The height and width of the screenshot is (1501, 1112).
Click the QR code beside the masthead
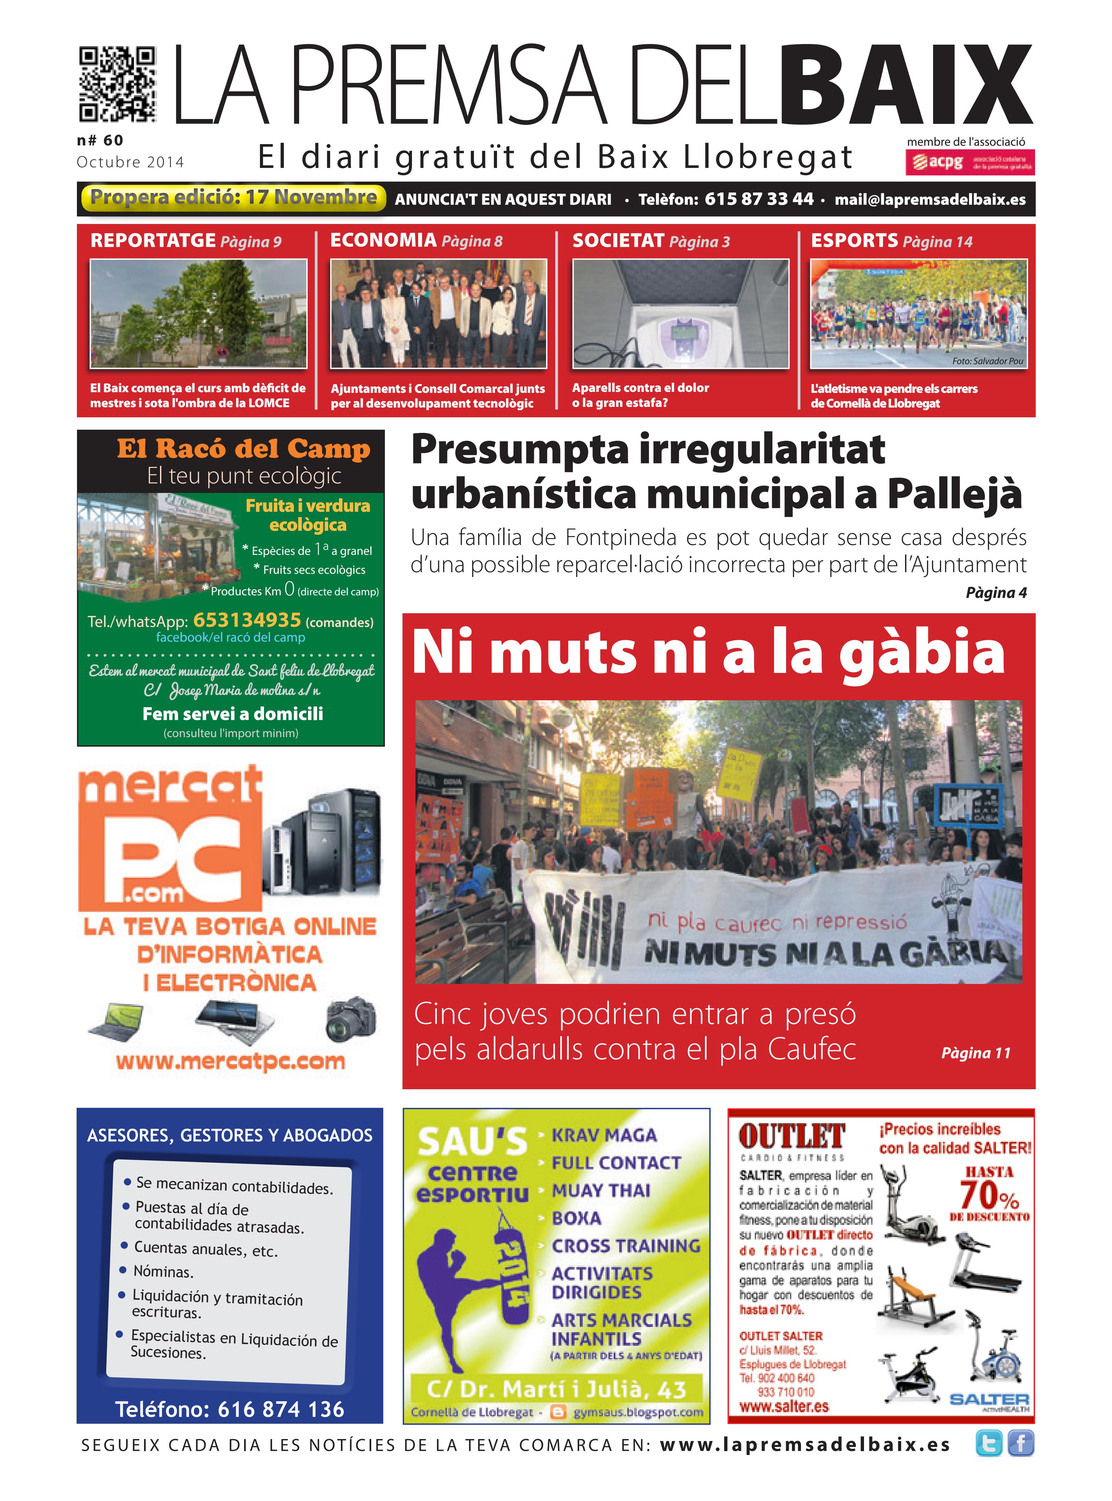pos(118,84)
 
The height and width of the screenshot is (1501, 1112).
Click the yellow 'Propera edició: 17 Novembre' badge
pos(233,197)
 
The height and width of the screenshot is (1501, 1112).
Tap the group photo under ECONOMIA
pos(438,314)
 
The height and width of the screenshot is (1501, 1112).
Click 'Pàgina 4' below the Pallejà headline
pos(996,593)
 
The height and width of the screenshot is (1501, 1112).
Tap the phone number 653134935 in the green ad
pos(247,619)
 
